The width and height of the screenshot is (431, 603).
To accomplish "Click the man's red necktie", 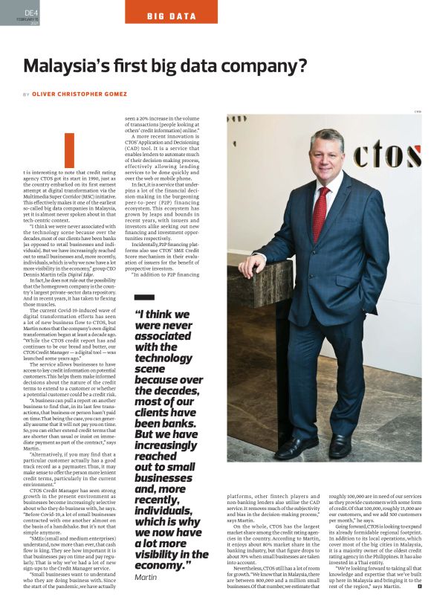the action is click(x=321, y=213).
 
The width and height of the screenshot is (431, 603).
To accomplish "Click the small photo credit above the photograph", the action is click(x=418, y=112).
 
